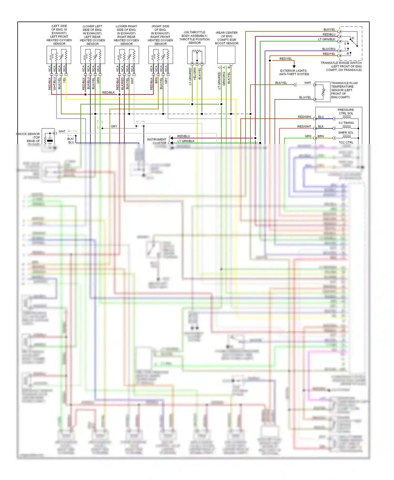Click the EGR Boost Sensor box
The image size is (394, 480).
pyautogui.click(x=226, y=55)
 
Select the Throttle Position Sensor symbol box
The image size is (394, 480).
pyautogui.click(x=196, y=55)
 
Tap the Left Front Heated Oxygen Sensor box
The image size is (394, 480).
pyautogui.click(x=59, y=55)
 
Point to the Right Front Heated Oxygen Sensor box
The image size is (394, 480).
pyautogui.click(x=160, y=55)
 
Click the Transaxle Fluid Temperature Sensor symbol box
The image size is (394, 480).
pyautogui.click(x=323, y=92)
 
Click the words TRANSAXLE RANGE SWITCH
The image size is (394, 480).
pyautogui.click(x=341, y=63)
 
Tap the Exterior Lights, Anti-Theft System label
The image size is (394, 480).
pyautogui.click(x=294, y=72)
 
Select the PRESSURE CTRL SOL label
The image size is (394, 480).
pyautogui.click(x=346, y=112)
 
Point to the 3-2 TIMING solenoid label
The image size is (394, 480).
pyautogui.click(x=346, y=123)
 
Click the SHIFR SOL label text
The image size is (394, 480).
pyautogui.click(x=346, y=133)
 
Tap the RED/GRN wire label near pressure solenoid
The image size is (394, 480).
pyautogui.click(x=304, y=117)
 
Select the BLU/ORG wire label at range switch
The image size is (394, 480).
pyautogui.click(x=329, y=49)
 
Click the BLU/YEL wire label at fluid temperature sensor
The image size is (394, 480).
pyautogui.click(x=305, y=97)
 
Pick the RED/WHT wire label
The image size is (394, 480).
pyautogui.click(x=304, y=127)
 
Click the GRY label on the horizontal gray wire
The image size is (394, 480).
pyautogui.click(x=114, y=127)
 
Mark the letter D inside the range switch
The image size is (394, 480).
pyautogui.click(x=353, y=38)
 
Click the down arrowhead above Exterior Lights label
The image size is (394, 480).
pyautogui.click(x=294, y=67)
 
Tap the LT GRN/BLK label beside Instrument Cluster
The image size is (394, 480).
pyautogui.click(x=186, y=141)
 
